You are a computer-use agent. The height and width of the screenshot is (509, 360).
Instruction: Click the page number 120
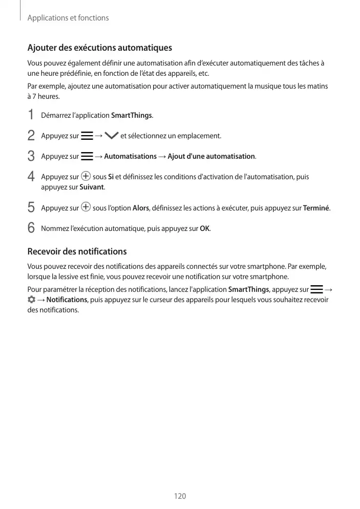[x=180, y=496]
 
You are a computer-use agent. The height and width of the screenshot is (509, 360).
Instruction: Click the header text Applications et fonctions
[x=68, y=18]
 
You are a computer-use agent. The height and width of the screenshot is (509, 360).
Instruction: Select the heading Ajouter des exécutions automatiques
[x=99, y=48]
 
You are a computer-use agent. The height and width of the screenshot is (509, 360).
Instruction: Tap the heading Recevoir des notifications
[x=77, y=251]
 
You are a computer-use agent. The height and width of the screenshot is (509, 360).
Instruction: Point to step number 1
[x=31, y=115]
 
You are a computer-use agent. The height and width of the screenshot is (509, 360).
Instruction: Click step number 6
[x=31, y=228]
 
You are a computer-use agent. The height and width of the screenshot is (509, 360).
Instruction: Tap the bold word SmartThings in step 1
[x=131, y=115]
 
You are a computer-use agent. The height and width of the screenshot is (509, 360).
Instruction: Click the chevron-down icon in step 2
[x=111, y=136]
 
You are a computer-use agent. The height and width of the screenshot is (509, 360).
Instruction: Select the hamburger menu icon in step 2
[x=87, y=136]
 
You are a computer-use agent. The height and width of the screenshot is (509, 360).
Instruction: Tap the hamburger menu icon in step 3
[x=87, y=156]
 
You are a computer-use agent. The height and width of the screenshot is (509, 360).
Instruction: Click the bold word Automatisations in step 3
[x=130, y=156]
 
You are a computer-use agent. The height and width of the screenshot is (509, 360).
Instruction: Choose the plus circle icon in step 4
[x=86, y=177]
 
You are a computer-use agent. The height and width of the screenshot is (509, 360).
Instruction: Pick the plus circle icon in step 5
[x=86, y=207]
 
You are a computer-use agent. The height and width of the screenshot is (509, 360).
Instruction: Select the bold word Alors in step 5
[x=141, y=208]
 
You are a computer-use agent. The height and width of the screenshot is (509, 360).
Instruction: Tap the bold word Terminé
[x=316, y=208]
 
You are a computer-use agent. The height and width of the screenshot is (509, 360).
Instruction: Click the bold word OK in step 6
[x=204, y=228]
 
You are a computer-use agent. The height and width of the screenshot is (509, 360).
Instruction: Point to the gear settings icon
[x=31, y=299]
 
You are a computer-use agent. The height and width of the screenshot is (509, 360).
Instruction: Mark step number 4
[x=31, y=177]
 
